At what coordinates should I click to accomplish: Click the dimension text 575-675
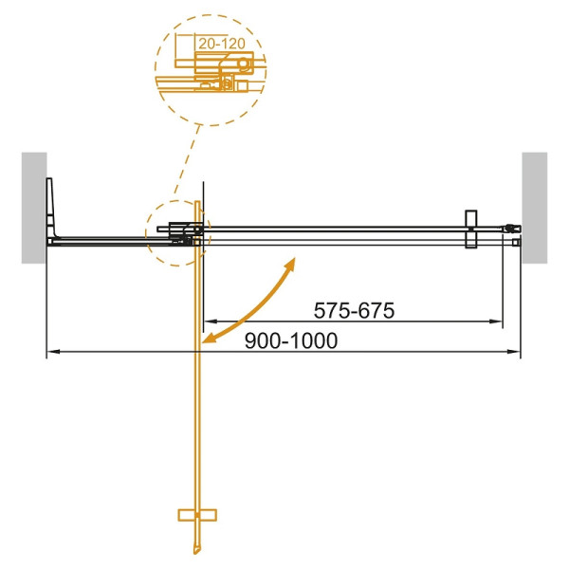coord(354,311)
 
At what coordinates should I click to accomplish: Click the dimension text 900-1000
coord(292,341)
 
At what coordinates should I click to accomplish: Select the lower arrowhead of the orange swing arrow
coord(210,337)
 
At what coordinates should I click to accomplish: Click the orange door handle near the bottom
coord(196,515)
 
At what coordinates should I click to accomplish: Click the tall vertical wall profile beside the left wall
coord(53,211)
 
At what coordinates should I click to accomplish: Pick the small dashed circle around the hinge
coord(174,234)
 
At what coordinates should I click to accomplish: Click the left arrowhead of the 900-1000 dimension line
coord(51,353)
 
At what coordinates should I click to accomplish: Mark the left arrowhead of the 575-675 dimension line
coord(209,322)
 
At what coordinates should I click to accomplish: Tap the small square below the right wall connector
coord(516,243)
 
